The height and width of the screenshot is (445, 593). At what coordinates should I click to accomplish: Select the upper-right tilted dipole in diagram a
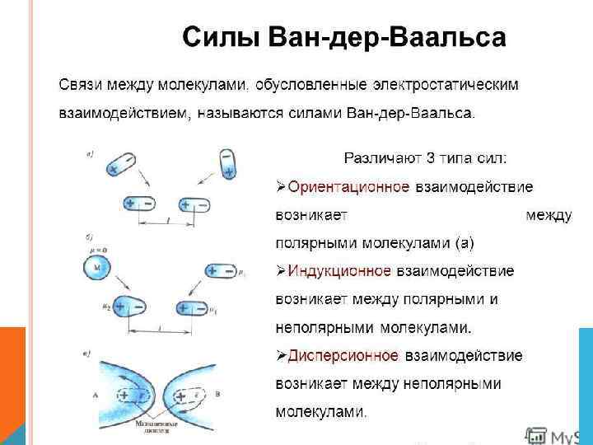227,163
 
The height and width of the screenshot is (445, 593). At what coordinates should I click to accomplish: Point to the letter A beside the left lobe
95,396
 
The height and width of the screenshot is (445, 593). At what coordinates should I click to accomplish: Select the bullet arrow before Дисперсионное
281,355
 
